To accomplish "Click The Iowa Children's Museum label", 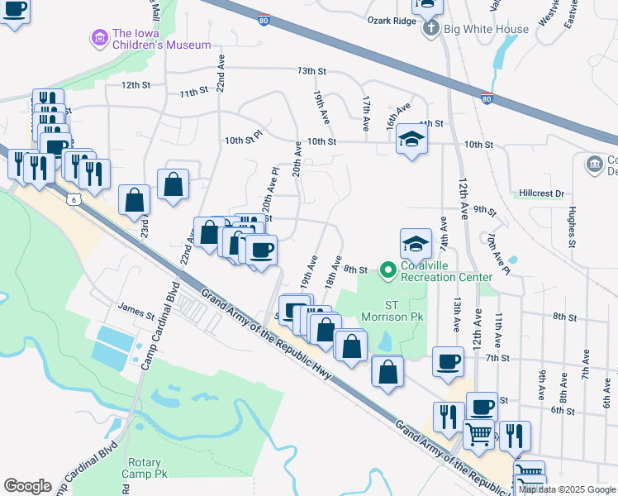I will click(161, 40).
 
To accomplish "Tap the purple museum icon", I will click(100, 37).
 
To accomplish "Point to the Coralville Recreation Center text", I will click(446, 271).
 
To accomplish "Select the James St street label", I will click(136, 314).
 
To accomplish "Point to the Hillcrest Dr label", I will click(541, 193).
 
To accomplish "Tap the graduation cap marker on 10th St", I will click(410, 141).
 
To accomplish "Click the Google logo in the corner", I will click(27, 485).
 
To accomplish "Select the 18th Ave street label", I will click(333, 273).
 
